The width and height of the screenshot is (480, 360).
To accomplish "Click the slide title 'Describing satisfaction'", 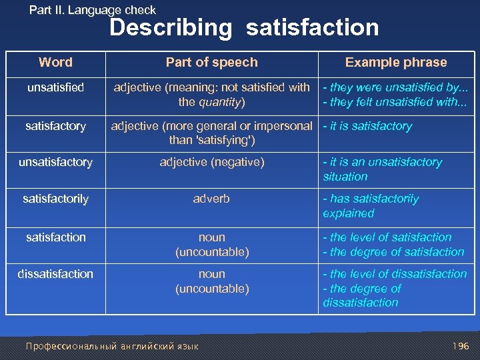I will pos(244,28).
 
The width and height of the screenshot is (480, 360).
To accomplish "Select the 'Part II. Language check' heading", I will pos(93,10).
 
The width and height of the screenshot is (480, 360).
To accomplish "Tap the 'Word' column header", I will pos(55,63).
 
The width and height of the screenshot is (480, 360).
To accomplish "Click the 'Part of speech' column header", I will pos(211,63).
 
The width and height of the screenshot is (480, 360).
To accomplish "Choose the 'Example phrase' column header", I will pos(396,63).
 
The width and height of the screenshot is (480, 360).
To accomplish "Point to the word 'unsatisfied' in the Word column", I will pos(55,88).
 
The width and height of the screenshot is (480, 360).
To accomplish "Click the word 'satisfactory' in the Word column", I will pos(55,126).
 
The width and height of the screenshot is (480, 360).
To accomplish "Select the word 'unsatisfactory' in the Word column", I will pos(55,162).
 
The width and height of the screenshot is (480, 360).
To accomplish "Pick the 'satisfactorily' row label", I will pos(55,199).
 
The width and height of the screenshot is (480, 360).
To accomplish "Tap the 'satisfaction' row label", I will pos(55,237).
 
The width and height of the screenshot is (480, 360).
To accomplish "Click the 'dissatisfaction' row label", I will pos(55,274).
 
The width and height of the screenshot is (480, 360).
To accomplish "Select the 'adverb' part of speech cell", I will pos(211,199).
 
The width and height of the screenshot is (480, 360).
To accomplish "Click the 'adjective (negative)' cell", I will pos(211,162).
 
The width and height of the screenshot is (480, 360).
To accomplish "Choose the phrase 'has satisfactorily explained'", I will pos(371,206).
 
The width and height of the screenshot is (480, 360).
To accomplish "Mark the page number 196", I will pos(461,346).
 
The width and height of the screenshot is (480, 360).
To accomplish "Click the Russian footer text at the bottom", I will pos(111,346).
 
